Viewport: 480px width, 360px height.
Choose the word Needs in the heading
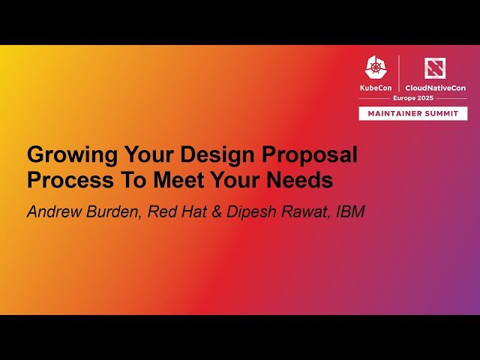(303, 181)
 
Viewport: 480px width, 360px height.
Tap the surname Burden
(112, 211)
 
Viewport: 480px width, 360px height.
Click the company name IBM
(349, 211)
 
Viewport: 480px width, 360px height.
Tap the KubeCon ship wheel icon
(376, 67)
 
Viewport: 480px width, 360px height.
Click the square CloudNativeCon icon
(435, 67)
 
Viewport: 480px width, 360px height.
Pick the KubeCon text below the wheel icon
(376, 88)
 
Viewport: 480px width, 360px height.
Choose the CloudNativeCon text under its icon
(435, 88)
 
